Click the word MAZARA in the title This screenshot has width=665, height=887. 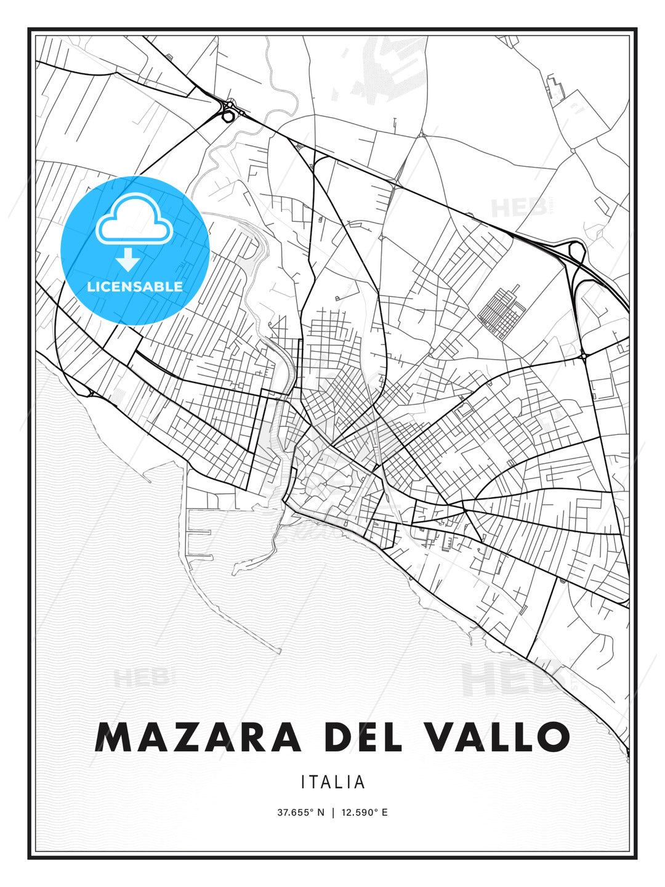(x=198, y=737)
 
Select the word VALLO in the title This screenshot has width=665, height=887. (x=501, y=737)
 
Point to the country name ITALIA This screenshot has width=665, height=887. (x=332, y=782)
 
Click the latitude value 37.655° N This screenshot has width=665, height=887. (x=300, y=812)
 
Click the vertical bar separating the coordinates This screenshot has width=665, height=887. (x=333, y=812)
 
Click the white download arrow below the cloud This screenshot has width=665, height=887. (x=128, y=260)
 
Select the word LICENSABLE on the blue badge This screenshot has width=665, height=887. (x=135, y=286)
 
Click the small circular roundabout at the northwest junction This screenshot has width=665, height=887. (x=228, y=115)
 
